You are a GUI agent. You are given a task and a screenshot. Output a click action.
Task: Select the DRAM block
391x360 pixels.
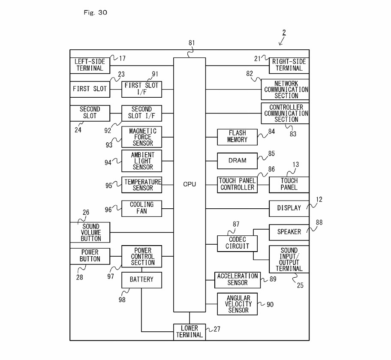(238, 161)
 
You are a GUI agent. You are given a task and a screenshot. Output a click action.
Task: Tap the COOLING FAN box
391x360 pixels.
(141, 208)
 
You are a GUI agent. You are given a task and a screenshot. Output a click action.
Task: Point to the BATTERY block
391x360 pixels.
(141, 279)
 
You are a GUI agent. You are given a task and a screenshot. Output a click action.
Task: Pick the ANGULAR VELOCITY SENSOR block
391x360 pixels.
(238, 304)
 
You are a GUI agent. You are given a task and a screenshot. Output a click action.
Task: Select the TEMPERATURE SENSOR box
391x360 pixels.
(141, 185)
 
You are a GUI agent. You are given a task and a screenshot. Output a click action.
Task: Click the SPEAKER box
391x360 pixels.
(289, 232)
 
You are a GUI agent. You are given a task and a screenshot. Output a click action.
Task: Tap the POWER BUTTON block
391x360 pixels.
(90, 256)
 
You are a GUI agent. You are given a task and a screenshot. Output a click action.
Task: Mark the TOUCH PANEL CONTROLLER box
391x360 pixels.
(238, 184)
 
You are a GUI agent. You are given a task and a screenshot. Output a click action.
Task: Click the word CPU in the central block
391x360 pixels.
(189, 184)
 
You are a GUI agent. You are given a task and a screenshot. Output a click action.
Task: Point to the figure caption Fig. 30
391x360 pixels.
(95, 12)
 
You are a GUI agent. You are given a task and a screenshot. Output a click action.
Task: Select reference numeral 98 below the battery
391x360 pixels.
(122, 300)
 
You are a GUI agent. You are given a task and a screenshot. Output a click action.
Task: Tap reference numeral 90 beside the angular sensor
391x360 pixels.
(270, 304)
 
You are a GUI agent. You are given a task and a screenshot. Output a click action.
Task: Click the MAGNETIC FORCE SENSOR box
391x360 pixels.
(141, 137)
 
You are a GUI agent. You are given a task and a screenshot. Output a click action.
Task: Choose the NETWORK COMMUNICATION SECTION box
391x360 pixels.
(286, 90)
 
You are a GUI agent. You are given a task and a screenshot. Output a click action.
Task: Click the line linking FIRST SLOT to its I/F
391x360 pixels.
(116, 89)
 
